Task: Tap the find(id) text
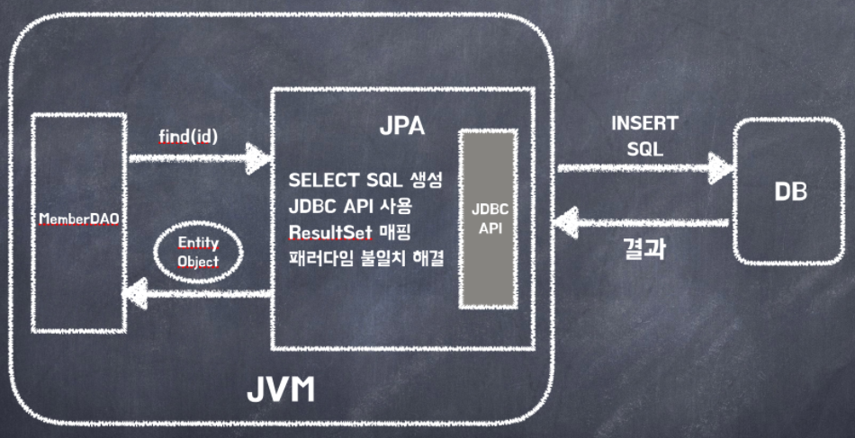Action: pos(187,135)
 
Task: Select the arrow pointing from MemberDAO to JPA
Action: pos(198,160)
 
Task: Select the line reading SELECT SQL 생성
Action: pos(365,179)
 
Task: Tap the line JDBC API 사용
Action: pos(365,205)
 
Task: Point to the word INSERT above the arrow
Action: pos(644,123)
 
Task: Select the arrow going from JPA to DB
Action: pos(644,166)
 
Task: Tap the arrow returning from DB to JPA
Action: pos(644,221)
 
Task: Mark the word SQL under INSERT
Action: pos(644,148)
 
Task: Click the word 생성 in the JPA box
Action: pos(422,179)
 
